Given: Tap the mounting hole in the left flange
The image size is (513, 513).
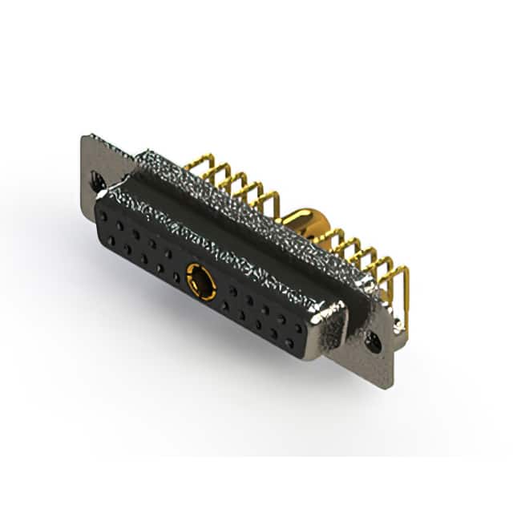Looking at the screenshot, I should tap(98, 181).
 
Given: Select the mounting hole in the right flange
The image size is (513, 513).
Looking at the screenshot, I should tap(373, 342).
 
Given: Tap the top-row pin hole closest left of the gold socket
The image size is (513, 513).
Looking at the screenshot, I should tap(169, 255).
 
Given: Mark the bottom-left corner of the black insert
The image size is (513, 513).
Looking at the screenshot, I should tap(99, 232).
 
